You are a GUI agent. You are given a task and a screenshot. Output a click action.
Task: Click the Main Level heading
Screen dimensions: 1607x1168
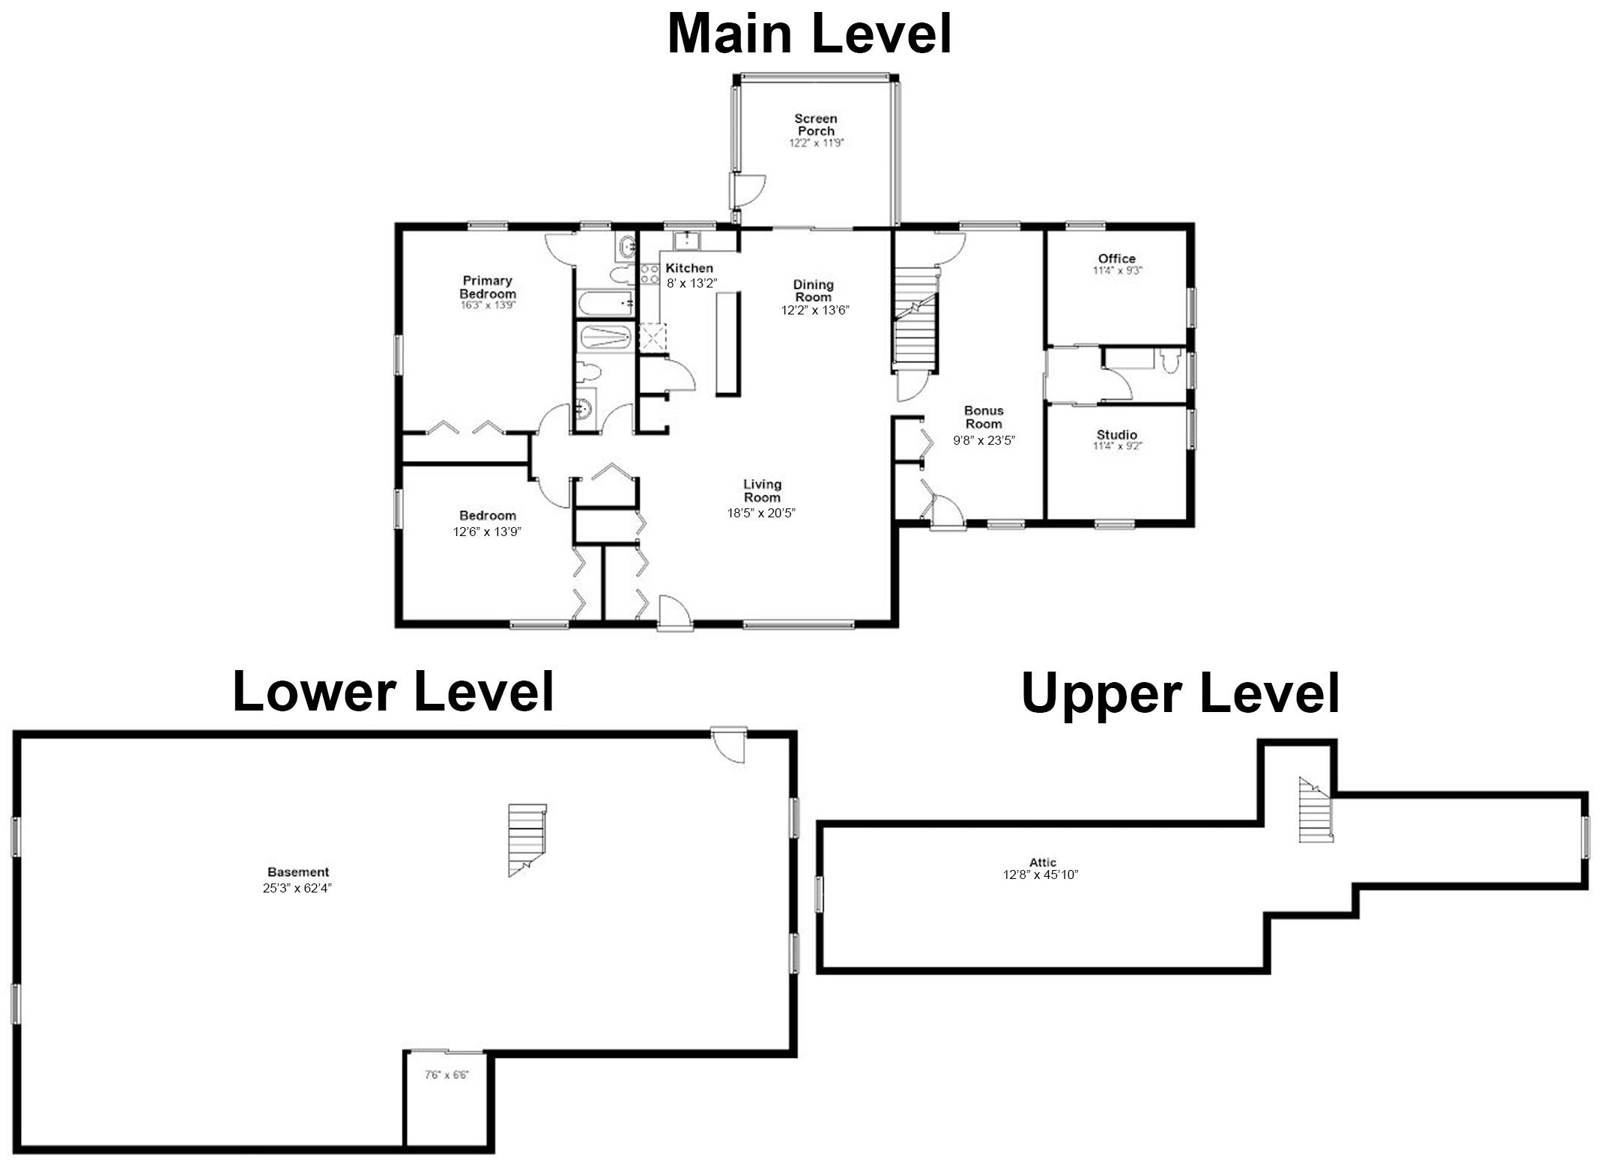coord(809,34)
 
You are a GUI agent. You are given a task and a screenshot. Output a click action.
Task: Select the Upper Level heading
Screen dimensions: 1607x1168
coord(1180,694)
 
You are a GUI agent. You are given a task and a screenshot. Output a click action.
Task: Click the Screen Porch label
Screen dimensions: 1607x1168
coord(816,124)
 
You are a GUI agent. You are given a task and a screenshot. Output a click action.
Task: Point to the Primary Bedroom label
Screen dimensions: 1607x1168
coord(488,287)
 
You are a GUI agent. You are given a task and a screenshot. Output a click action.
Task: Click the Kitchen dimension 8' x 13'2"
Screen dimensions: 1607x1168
coord(692,283)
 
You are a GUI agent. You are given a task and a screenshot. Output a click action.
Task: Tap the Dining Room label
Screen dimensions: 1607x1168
coord(814,291)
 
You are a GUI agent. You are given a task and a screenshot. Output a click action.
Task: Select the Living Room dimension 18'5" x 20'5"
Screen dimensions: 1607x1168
coord(761,513)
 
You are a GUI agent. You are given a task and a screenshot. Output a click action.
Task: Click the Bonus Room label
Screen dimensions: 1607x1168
coord(984,417)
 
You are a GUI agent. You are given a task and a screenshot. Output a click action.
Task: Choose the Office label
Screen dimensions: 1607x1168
coord(1117,258)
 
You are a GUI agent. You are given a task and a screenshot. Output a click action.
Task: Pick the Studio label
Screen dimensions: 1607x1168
coord(1117,434)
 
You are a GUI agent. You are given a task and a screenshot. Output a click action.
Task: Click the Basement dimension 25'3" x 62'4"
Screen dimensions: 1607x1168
coord(297,889)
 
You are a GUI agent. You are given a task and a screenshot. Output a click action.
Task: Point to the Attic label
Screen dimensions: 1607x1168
coord(1043,862)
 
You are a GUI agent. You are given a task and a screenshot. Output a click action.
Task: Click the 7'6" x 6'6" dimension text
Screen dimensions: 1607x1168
coord(447,1075)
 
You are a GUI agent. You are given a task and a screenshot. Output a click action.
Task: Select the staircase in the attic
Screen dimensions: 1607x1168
coord(1316,810)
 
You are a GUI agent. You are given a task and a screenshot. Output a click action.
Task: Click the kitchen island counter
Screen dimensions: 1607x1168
coord(727,344)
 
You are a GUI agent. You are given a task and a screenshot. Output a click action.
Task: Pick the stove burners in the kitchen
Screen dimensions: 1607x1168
coord(650,273)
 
